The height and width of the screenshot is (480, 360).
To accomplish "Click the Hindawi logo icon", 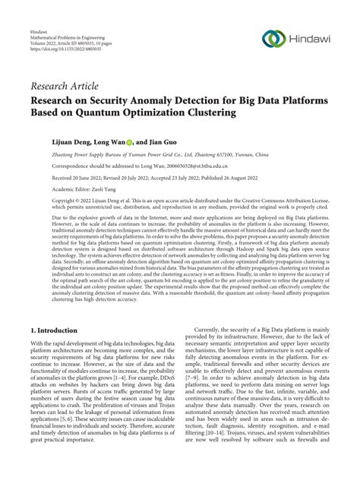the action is pos(273,39).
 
